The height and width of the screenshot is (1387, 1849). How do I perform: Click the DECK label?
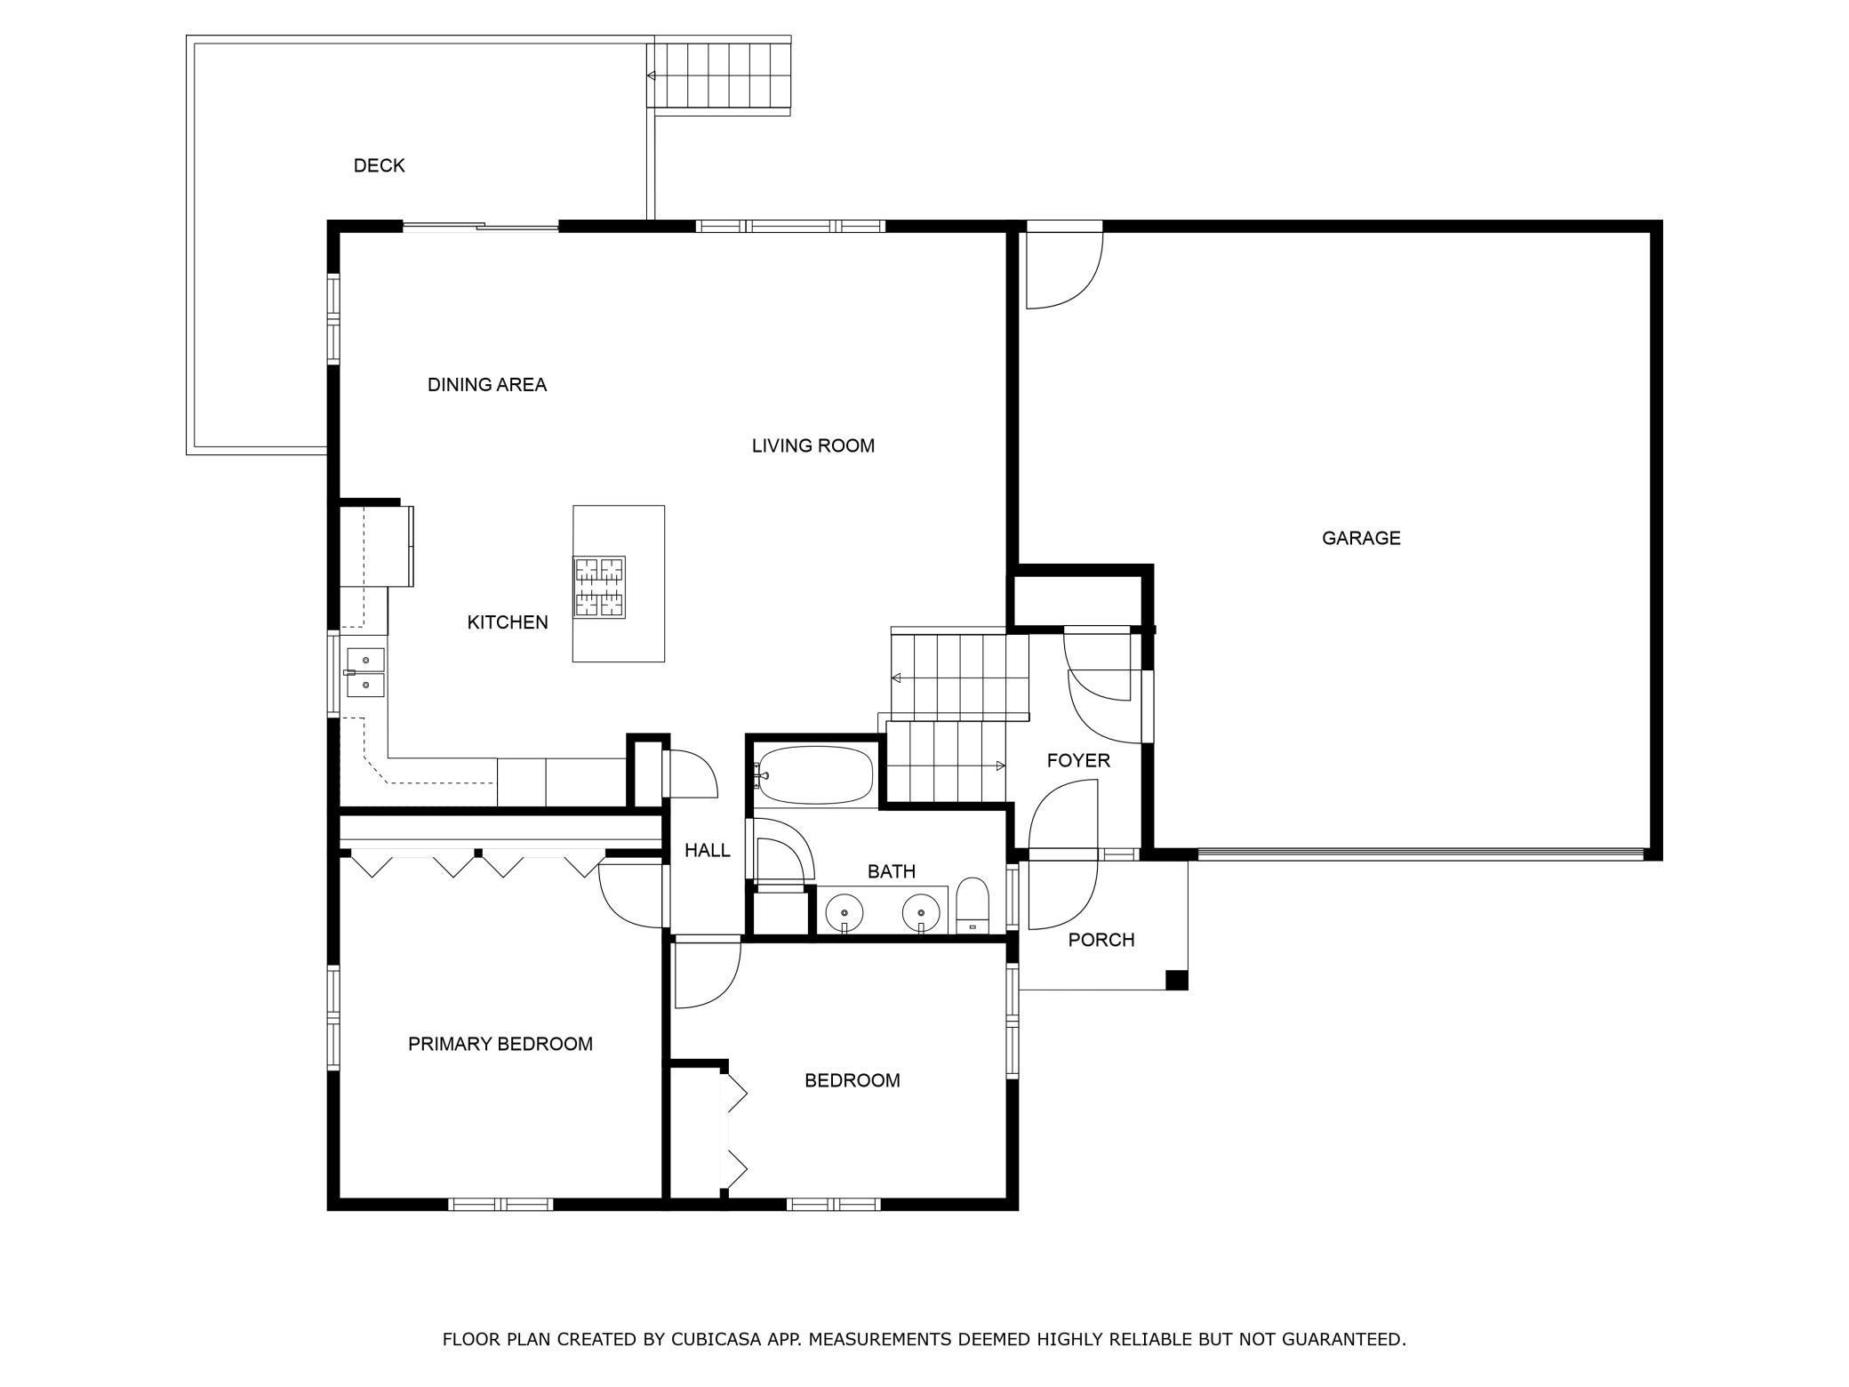point(379,165)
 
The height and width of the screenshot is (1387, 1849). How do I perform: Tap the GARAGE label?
point(1361,538)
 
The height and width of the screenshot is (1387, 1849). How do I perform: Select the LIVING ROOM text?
point(813,445)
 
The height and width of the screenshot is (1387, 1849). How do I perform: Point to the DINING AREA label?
point(487,385)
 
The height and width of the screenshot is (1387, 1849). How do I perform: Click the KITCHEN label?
point(508,622)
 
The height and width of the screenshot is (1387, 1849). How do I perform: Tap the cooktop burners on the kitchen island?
point(599,587)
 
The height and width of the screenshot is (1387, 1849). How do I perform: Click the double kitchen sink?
point(365,672)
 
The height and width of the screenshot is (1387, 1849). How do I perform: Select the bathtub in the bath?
point(813,774)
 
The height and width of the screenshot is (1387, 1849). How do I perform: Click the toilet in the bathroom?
point(973,905)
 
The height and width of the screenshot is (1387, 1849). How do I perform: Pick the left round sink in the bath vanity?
point(844,912)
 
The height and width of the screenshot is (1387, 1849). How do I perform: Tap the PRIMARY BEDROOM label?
point(500,1044)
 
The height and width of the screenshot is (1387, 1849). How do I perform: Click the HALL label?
point(708,851)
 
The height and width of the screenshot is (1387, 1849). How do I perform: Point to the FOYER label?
point(1078,760)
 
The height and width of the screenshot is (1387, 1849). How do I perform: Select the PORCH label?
point(1101,940)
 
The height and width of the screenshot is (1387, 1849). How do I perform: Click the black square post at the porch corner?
point(1177,980)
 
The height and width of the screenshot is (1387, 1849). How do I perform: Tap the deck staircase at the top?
point(719,76)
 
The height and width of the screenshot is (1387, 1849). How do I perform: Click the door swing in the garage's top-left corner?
point(1065,270)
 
